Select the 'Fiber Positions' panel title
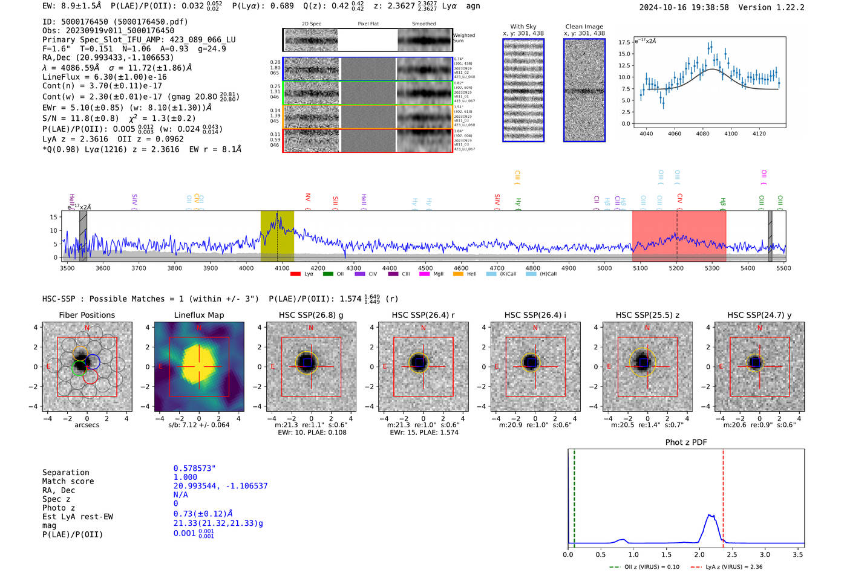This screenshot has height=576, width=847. [87, 315]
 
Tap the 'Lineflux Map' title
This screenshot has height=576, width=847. [198, 315]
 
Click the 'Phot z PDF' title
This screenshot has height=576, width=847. [685, 442]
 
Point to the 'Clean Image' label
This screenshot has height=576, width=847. [584, 27]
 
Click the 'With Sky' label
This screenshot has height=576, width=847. [523, 27]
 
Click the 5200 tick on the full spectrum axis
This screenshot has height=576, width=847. [676, 268]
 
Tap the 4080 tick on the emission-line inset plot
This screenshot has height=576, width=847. [702, 134]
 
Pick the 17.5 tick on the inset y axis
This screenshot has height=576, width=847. [624, 42]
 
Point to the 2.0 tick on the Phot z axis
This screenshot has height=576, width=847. [699, 554]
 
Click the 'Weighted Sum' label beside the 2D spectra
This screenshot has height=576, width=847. [463, 38]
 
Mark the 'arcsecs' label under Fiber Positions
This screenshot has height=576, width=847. [87, 425]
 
